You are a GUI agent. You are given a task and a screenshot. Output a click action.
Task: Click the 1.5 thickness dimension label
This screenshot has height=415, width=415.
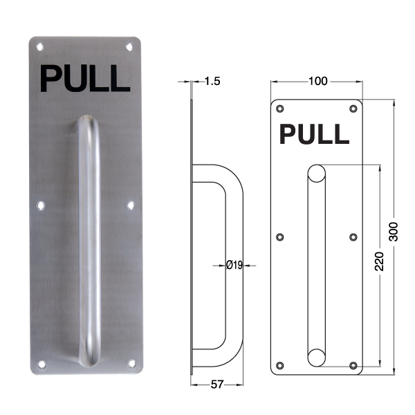(x=212, y=81)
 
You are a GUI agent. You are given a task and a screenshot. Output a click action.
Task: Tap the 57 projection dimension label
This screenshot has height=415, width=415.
(x=217, y=385)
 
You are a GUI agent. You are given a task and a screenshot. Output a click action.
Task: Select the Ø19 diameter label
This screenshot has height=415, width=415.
(x=234, y=265)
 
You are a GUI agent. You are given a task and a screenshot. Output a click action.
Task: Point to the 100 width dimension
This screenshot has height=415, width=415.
(x=318, y=81)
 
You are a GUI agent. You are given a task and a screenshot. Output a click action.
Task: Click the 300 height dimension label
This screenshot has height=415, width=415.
(x=394, y=232)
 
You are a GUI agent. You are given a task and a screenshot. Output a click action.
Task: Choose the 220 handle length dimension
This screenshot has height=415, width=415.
(x=380, y=261)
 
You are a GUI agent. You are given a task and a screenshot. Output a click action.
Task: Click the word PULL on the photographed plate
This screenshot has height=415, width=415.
(x=85, y=79)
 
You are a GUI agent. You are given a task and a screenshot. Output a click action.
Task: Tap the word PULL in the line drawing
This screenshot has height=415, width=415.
(x=314, y=134)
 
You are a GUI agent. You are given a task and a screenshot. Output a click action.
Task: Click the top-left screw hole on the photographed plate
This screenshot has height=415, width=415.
(x=39, y=47)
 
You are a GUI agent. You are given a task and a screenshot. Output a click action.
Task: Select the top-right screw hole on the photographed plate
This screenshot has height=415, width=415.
(x=129, y=47)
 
